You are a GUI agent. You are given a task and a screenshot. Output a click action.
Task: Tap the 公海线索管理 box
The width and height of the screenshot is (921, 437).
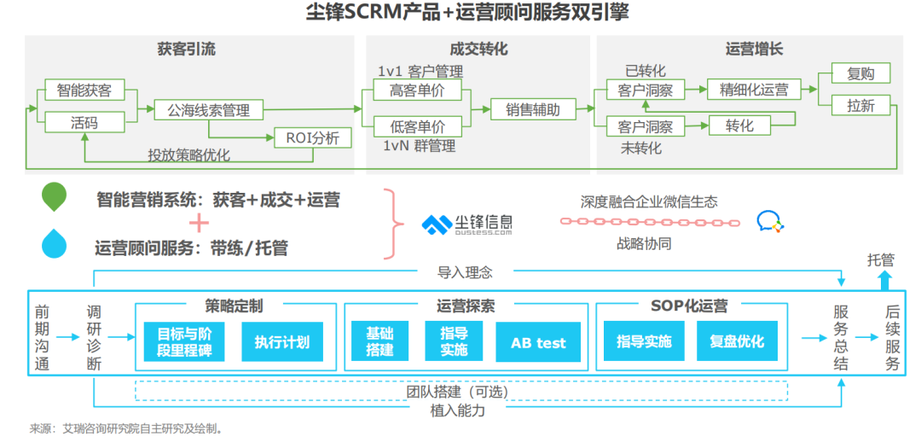click(x=209, y=109)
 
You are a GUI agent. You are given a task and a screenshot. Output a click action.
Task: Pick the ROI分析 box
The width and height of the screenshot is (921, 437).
click(x=314, y=137)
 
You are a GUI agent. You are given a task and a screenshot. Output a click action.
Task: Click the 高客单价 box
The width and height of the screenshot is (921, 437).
click(x=418, y=90)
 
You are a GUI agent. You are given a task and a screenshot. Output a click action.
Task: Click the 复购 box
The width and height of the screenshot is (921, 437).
click(x=861, y=74)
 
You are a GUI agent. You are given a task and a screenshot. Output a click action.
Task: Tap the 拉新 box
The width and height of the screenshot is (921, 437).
click(x=861, y=106)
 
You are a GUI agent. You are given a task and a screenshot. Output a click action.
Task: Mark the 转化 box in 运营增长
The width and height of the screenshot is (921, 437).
click(x=739, y=125)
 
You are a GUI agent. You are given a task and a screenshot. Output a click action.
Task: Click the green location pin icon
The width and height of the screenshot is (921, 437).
click(x=54, y=196)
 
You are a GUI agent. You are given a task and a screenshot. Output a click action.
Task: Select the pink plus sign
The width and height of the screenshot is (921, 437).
click(x=199, y=223)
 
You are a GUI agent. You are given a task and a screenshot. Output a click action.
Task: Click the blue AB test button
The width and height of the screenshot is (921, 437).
click(x=538, y=341)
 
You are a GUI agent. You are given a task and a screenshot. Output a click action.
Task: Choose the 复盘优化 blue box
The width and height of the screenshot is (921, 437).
click(x=737, y=341)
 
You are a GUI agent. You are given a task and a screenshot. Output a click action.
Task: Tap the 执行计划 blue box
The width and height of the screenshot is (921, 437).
click(x=282, y=341)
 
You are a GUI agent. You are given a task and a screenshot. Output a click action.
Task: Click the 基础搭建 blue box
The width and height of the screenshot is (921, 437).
click(x=379, y=341)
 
